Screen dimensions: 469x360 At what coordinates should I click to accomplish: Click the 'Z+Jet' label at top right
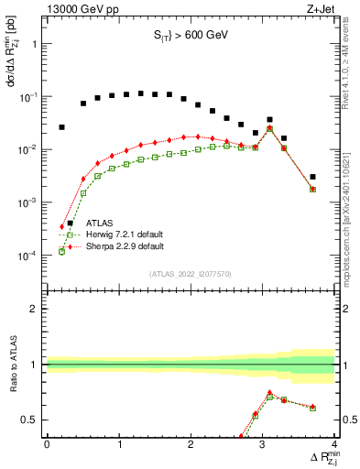point(320,9)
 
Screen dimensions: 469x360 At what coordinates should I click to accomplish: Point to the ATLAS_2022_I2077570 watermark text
point(191,273)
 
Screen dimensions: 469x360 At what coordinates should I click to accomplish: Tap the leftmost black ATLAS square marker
point(62,127)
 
